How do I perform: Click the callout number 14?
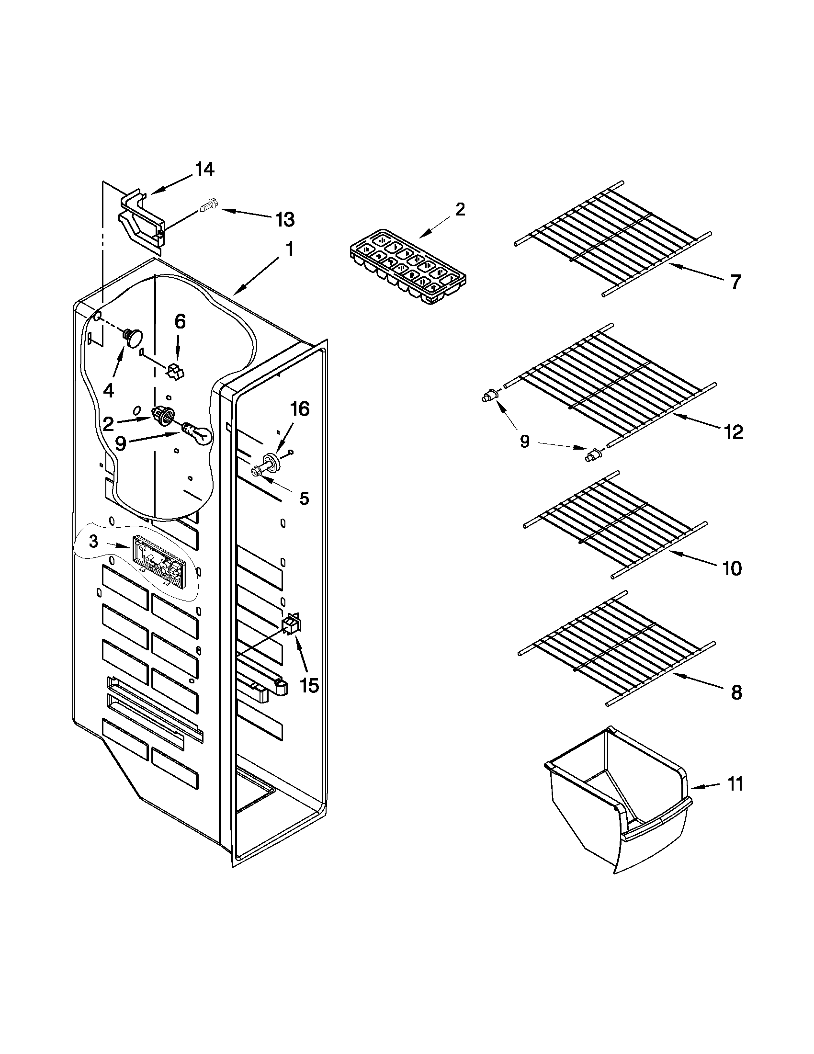tap(204, 170)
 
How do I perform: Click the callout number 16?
tap(299, 409)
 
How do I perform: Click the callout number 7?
tap(735, 282)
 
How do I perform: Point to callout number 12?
tap(734, 432)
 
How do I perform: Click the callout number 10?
tap(732, 569)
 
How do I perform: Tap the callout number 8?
tap(736, 693)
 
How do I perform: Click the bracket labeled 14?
tap(140, 221)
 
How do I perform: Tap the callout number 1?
tap(289, 249)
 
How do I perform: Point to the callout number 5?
tap(304, 498)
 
